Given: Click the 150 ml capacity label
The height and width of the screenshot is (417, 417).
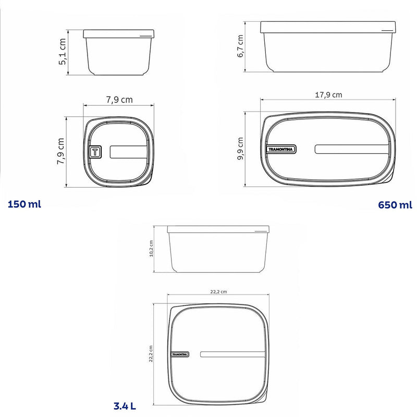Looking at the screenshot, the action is click(x=24, y=204).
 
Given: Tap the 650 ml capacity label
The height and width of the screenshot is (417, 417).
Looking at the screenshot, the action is click(x=395, y=205).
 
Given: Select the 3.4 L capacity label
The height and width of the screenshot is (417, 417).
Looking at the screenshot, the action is click(x=125, y=406).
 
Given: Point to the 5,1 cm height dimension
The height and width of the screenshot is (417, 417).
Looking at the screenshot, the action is click(x=62, y=52).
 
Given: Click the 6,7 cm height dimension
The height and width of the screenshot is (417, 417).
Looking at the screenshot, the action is click(x=240, y=46).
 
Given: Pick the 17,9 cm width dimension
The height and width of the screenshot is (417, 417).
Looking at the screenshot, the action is click(x=328, y=95).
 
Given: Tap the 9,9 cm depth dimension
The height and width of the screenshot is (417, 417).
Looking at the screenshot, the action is click(x=240, y=149).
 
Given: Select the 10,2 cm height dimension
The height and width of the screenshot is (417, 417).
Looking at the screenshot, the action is click(x=151, y=249).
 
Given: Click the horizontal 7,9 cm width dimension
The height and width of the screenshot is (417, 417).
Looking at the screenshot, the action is click(x=119, y=100).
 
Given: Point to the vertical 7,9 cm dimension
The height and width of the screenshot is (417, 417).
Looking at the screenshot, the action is click(x=60, y=151).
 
